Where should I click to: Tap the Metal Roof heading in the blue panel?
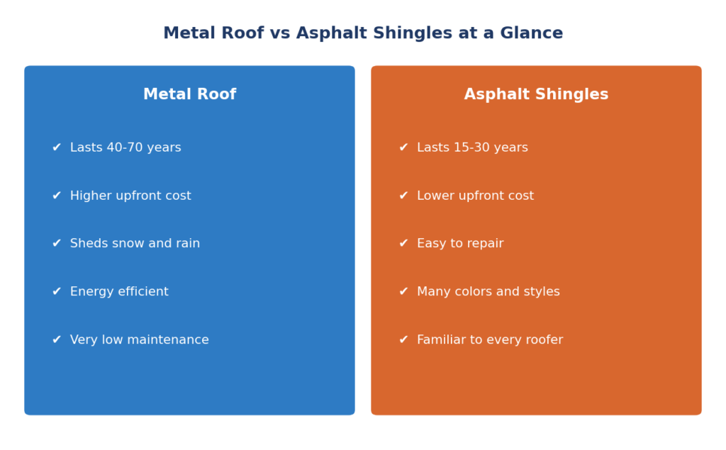190,94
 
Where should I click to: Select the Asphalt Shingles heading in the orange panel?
536,94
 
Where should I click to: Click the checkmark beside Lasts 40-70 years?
57,147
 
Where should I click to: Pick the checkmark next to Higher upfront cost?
57,196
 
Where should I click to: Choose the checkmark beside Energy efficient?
57,291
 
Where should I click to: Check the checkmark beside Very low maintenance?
57,339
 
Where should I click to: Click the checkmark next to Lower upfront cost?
403,196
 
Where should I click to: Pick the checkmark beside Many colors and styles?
403,291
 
